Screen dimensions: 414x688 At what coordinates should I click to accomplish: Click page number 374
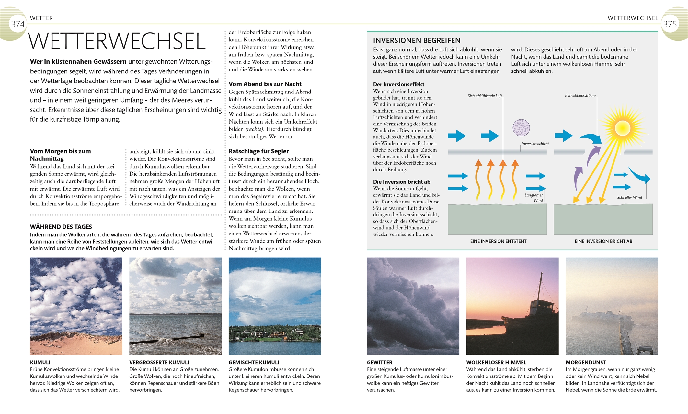click(18, 24)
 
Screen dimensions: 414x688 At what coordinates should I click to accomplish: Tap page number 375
click(670, 24)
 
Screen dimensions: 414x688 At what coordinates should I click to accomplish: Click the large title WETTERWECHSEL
click(117, 41)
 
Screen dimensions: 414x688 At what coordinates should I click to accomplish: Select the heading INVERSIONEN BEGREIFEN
click(417, 40)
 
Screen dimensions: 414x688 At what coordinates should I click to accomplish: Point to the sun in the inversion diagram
click(622, 128)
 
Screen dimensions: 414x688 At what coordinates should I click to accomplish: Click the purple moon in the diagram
click(521, 127)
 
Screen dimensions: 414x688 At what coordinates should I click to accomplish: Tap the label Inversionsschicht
click(535, 144)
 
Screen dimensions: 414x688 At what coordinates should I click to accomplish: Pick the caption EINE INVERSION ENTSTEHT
click(498, 241)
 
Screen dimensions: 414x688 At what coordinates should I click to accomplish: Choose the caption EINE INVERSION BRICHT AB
click(603, 241)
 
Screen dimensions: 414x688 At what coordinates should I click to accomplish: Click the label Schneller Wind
click(629, 197)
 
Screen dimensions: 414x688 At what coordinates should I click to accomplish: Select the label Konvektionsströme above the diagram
click(580, 96)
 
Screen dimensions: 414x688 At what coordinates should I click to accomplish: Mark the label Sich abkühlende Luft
click(485, 96)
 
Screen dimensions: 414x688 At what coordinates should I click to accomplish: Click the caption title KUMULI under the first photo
click(40, 362)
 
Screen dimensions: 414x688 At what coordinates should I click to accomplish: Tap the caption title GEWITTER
click(380, 362)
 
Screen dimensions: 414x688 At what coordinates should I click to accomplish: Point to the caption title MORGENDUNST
click(586, 362)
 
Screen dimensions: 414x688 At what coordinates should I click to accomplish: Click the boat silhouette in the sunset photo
click(531, 317)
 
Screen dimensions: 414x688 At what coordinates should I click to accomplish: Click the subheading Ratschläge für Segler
click(258, 151)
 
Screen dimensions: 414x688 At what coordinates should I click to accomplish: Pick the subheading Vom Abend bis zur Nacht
click(265, 84)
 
